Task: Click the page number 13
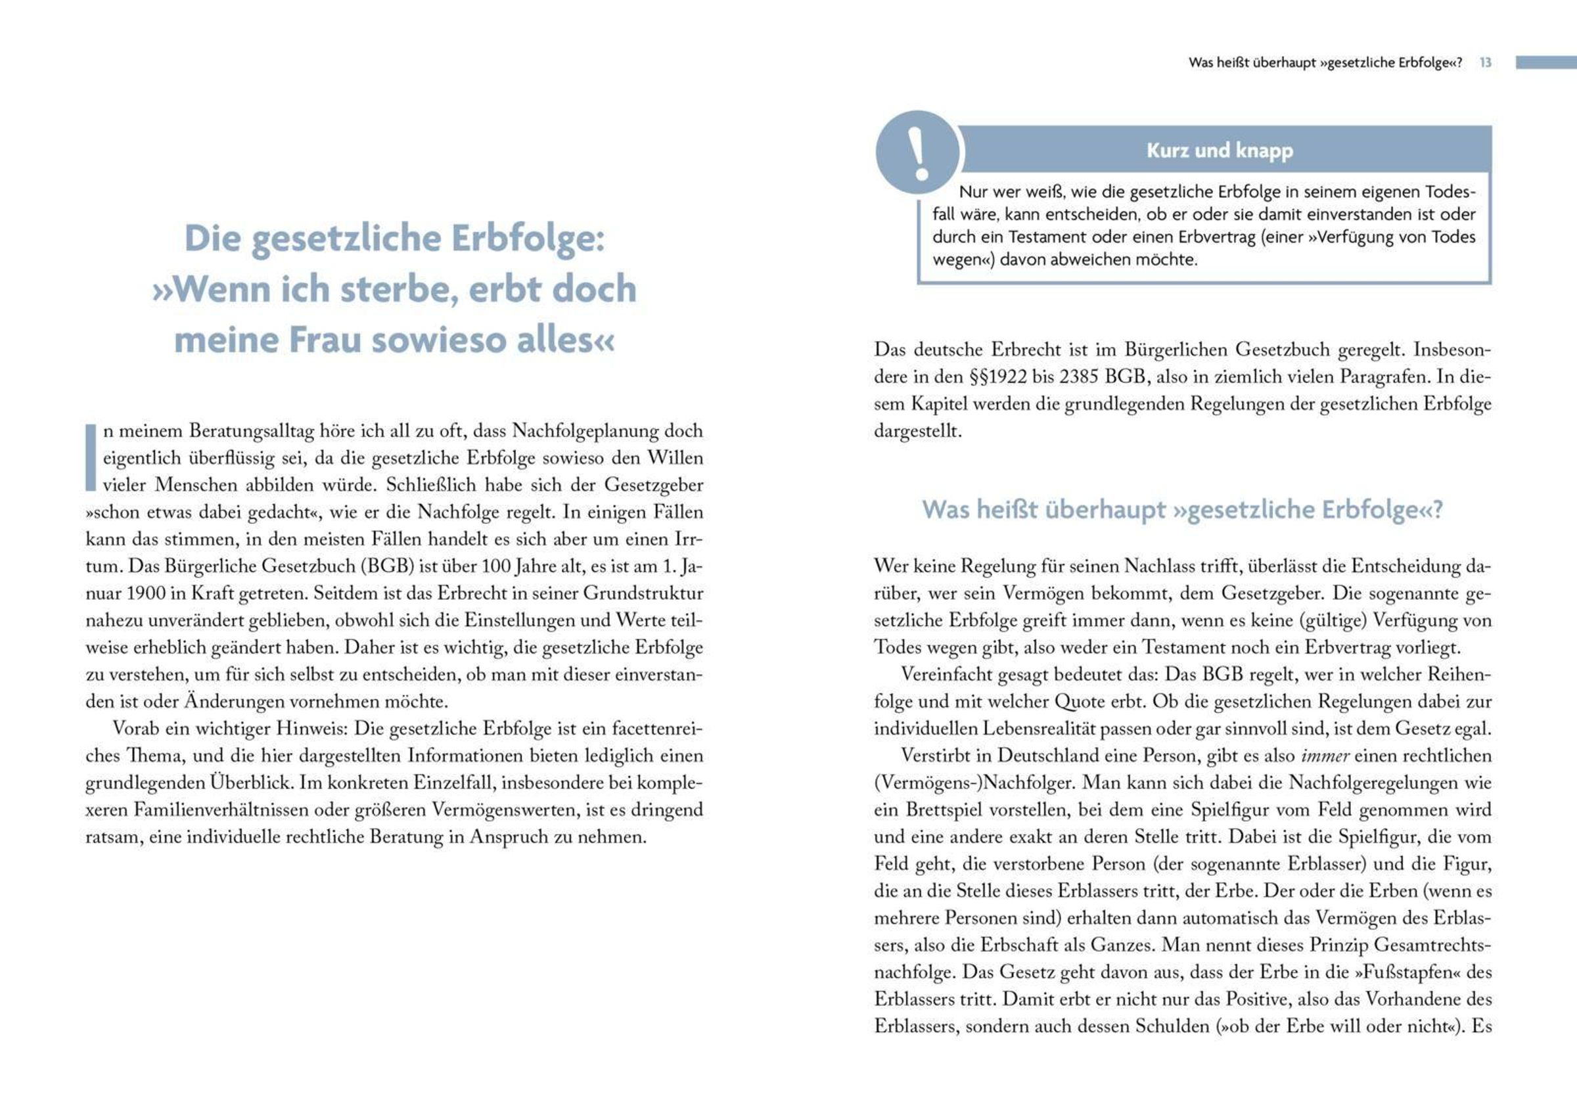coord(1486,62)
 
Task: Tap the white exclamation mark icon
coord(917,153)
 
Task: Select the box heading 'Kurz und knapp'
coord(1220,150)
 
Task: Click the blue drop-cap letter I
coord(90,457)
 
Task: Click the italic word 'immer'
coord(1324,756)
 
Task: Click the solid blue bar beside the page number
coord(1545,62)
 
